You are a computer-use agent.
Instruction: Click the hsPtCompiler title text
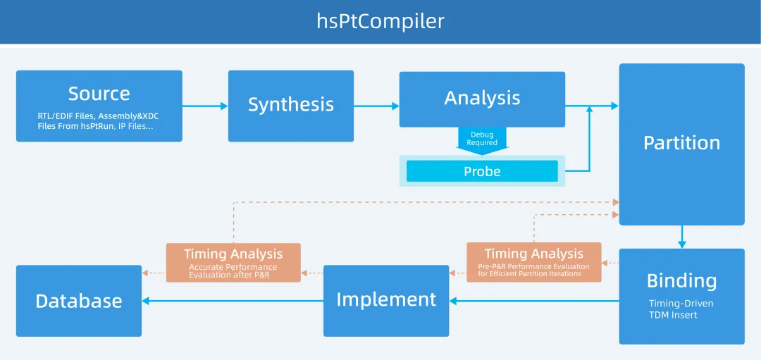380,21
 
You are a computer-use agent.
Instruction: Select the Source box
99,106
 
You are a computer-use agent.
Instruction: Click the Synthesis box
290,106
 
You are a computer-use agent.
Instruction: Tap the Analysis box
482,99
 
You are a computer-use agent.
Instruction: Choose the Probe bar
482,171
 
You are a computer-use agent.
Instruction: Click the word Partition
681,143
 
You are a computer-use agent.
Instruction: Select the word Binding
681,281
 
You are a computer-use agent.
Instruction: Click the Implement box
386,300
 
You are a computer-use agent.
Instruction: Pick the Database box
78,301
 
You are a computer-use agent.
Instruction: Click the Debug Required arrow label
482,138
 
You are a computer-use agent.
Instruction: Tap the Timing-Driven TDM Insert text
681,309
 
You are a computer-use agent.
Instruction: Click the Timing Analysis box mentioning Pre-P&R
533,262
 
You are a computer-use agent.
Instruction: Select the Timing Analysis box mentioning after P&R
233,263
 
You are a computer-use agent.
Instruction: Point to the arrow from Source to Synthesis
205,106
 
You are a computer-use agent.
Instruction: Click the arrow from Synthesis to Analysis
376,106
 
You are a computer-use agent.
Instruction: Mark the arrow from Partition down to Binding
681,237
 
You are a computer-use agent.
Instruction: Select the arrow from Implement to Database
233,301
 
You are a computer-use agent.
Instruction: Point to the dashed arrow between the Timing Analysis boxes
312,272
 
